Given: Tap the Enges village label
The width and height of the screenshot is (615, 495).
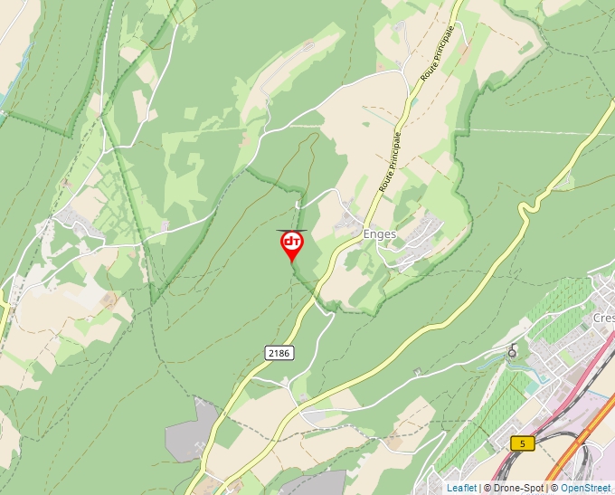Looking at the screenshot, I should [x=380, y=233].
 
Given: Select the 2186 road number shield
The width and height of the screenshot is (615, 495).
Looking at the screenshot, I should [x=279, y=353].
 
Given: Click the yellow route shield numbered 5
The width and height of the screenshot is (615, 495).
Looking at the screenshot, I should [x=522, y=443].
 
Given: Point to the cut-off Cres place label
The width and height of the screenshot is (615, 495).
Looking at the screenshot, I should [x=603, y=319].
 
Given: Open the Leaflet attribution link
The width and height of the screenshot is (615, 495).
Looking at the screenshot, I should [x=461, y=488].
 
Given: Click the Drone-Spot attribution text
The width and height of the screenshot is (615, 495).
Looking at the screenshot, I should [x=517, y=488].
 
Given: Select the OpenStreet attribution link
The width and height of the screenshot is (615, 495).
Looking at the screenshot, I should [x=585, y=488].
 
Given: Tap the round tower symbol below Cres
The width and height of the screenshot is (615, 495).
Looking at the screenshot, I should [x=513, y=352].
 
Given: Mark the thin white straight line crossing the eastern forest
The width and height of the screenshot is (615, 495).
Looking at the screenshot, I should [x=543, y=132].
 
